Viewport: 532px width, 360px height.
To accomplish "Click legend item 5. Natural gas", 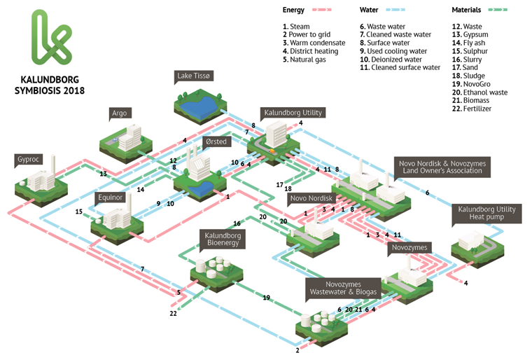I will point(308,60).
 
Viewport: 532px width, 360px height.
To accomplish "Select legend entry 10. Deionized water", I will point(392,60).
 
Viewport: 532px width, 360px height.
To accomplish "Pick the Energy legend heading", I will point(293,10).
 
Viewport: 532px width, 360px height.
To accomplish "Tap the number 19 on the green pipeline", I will point(266,298).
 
